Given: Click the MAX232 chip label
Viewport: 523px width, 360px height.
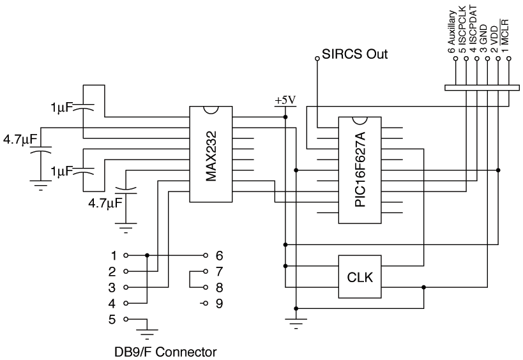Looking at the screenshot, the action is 211,156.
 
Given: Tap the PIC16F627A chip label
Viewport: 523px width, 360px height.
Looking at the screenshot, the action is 360,169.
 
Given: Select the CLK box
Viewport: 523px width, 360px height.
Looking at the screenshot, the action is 360,276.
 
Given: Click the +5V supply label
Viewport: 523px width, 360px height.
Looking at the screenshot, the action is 285,100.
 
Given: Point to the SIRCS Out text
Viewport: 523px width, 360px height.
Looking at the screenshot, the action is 354,54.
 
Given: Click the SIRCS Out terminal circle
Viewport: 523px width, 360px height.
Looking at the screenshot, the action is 317,59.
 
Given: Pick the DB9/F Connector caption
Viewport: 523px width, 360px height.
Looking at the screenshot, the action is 165,352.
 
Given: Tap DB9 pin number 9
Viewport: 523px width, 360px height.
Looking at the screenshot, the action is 219,303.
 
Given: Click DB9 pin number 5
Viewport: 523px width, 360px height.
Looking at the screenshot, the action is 112,319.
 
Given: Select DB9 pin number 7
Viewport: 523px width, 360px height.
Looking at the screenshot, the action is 219,271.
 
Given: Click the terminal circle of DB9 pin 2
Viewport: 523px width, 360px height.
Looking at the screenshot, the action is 126,271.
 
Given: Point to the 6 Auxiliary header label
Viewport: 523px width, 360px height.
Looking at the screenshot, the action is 451,32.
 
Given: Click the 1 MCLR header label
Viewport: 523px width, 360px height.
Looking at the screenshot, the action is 504,36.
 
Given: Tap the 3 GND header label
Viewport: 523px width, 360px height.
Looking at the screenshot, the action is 483,39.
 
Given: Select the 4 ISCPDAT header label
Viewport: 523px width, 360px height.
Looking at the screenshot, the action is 473,29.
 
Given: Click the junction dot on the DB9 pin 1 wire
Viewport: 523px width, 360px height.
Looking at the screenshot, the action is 147,255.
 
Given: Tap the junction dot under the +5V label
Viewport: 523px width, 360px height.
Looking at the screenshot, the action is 285,117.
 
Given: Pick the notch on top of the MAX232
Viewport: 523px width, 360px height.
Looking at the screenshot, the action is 211,110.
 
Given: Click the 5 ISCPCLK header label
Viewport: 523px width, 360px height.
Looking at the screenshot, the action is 462,29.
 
